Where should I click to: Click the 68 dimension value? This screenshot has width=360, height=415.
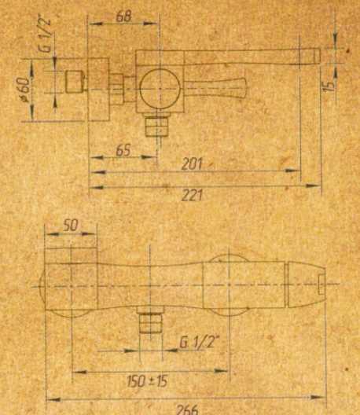[x=123, y=17]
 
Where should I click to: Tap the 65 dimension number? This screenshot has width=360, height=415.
[x=123, y=150]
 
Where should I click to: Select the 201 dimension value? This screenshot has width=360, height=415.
[x=192, y=163]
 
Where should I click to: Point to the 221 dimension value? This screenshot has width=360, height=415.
[x=192, y=196]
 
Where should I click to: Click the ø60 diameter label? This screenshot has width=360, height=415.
[x=24, y=89]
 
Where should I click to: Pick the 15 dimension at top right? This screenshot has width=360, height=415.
[x=329, y=86]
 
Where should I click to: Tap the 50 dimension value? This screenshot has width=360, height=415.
[x=71, y=226]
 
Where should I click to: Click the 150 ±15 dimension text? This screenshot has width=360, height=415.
[x=147, y=381]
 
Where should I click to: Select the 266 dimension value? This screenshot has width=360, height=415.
[x=187, y=409]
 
